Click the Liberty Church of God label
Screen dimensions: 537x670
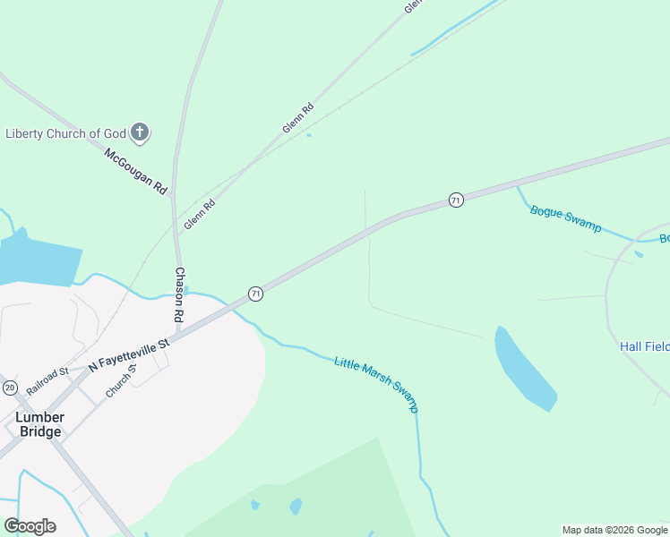[x=65, y=133]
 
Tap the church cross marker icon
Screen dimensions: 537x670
[x=139, y=133]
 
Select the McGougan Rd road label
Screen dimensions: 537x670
[x=135, y=171]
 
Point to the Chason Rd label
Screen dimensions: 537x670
[x=179, y=294]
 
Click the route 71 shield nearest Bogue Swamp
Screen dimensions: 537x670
[x=456, y=200]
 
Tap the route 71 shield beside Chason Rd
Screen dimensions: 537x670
[x=255, y=294]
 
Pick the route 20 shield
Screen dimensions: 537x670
[x=10, y=387]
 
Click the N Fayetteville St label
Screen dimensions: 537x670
[x=129, y=354]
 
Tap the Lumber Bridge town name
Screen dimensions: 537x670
[x=39, y=424]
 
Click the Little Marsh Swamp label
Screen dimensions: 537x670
[x=376, y=384]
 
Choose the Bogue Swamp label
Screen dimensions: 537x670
[x=565, y=218]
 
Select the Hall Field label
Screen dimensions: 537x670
[x=644, y=345]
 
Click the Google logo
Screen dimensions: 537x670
[x=30, y=525]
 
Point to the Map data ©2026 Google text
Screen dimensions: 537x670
[x=614, y=530]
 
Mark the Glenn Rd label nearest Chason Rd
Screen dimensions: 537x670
[x=199, y=215]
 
